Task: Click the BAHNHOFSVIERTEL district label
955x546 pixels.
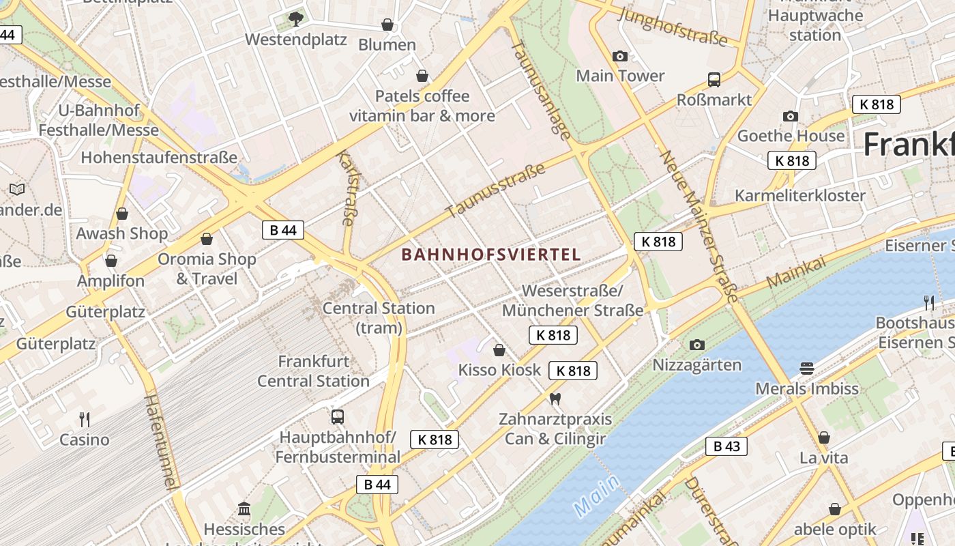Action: click(x=491, y=255)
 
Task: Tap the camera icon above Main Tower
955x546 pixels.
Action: click(x=619, y=56)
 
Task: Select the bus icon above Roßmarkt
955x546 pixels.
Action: click(x=714, y=80)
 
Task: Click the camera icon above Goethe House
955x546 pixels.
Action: click(x=791, y=116)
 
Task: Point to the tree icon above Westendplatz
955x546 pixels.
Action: click(x=295, y=19)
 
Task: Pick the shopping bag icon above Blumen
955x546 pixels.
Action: click(x=387, y=25)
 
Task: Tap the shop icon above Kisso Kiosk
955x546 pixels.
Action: click(x=499, y=350)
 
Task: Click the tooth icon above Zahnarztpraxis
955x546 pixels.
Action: click(x=555, y=399)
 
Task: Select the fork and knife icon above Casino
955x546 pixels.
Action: click(x=85, y=419)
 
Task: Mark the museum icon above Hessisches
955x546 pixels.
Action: click(x=244, y=508)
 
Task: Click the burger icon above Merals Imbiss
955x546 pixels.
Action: click(x=807, y=369)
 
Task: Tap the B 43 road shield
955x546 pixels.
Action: click(x=726, y=446)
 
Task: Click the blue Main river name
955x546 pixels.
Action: click(x=597, y=495)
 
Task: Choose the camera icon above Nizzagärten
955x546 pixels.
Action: click(x=696, y=345)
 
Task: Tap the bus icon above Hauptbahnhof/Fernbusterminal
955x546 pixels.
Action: click(x=337, y=416)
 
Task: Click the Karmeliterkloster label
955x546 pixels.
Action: click(x=799, y=195)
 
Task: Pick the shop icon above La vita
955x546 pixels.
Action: click(x=824, y=437)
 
